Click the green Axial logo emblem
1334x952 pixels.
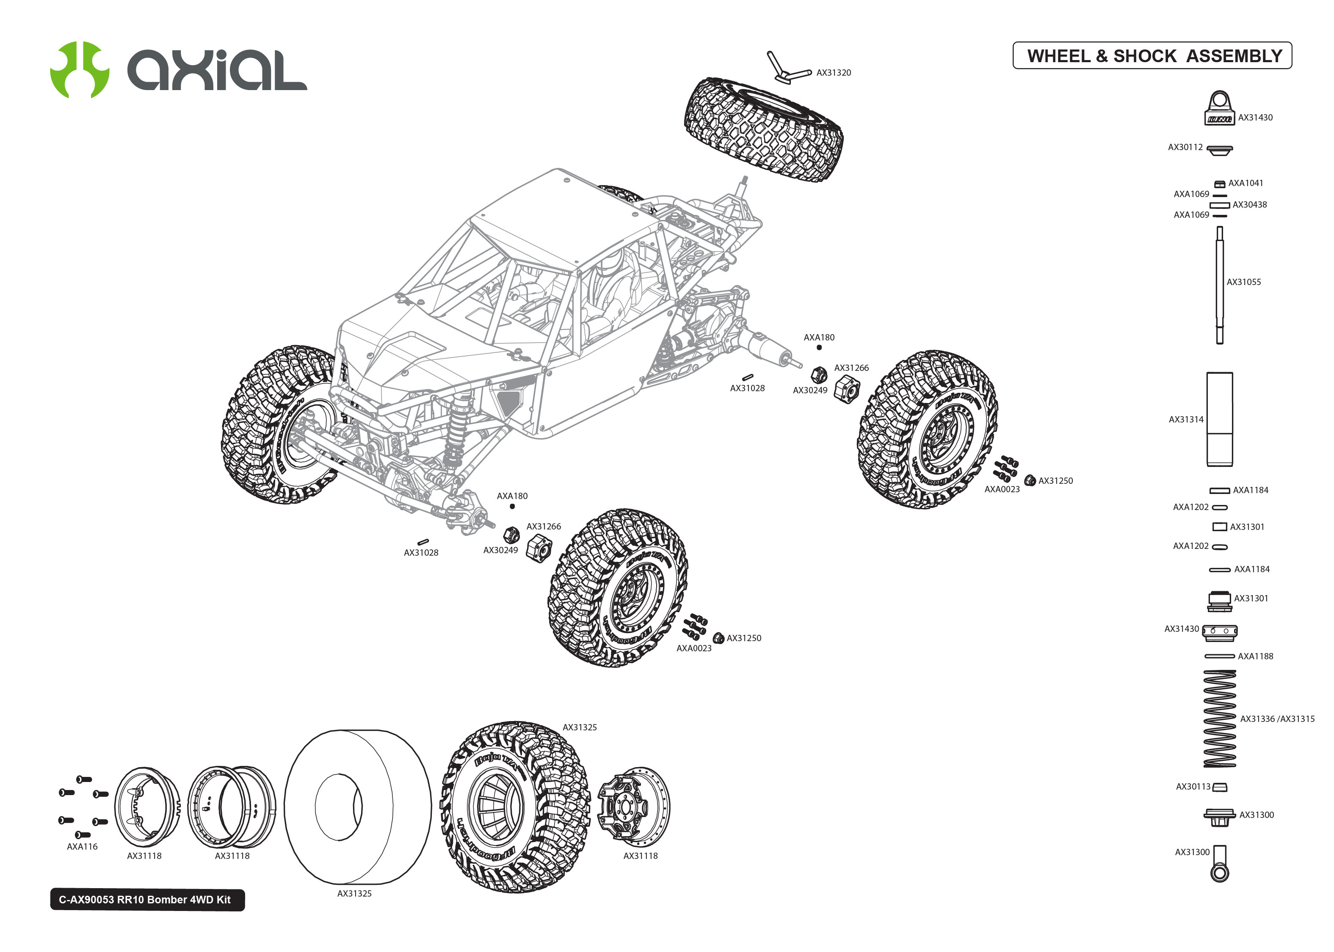coord(79,69)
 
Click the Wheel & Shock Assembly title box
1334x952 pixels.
coord(1152,56)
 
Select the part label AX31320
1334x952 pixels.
coord(833,73)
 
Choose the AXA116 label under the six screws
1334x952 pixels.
coord(82,847)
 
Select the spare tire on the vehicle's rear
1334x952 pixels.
coord(764,129)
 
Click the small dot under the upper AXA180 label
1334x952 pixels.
coord(819,348)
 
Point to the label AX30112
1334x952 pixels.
coord(1185,147)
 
